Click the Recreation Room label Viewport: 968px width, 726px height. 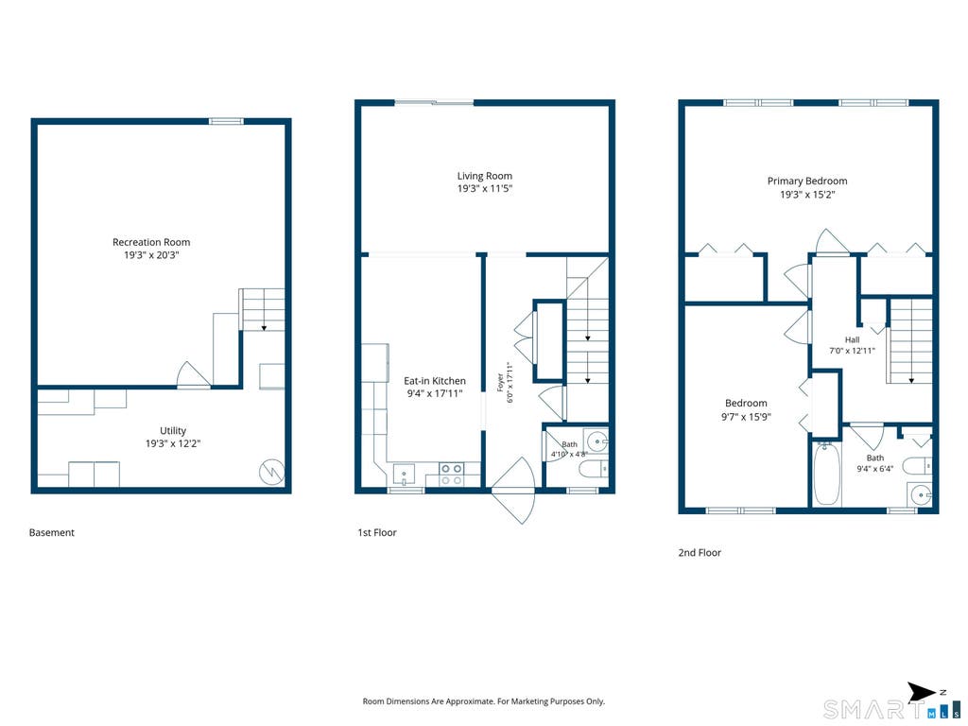151,242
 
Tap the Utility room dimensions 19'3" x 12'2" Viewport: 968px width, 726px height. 174,443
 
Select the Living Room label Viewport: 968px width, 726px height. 485,176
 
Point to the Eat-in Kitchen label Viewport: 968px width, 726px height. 435,381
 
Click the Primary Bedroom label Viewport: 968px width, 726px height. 807,181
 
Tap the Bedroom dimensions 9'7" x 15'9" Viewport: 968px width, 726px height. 747,417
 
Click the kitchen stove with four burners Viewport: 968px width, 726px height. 452,475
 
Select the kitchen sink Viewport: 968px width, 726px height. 404,475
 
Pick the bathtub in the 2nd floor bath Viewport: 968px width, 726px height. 826,475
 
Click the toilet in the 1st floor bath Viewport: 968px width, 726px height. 594,469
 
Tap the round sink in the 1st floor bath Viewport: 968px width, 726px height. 597,441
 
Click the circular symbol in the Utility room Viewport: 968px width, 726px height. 271,473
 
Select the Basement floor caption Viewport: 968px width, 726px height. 52,532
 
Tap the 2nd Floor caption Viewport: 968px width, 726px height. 700,552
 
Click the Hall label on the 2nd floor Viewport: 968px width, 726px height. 852,339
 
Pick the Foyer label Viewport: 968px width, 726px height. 500,382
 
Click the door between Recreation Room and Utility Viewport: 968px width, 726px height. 193,375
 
